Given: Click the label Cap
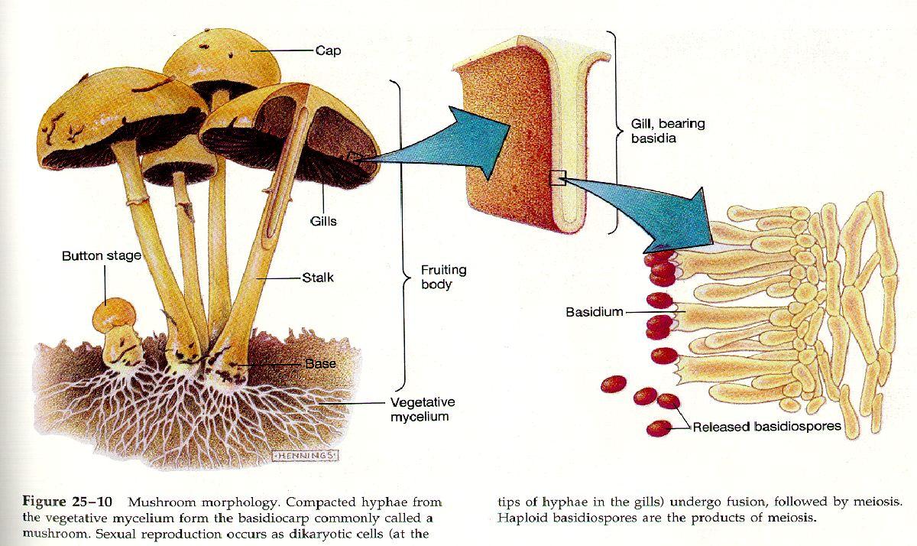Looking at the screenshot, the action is tap(328, 51).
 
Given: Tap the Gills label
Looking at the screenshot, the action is tap(323, 221).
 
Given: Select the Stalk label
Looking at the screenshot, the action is tap(318, 278).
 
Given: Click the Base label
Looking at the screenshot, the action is tap(320, 363).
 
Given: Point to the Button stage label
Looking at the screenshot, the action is tap(102, 256).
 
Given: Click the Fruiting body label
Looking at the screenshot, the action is tap(444, 277).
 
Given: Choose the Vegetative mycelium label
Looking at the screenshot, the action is tap(423, 409).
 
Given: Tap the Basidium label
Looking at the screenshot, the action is tap(595, 312).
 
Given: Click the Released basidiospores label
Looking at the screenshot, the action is tap(766, 427).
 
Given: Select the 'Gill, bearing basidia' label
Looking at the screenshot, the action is tap(668, 131).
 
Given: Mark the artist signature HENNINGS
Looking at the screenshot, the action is tap(306, 456).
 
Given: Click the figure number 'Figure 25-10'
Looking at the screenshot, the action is tap(67, 502).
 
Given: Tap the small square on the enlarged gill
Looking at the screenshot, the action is tap(558, 178).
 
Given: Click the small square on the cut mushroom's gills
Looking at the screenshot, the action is tap(353, 158).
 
